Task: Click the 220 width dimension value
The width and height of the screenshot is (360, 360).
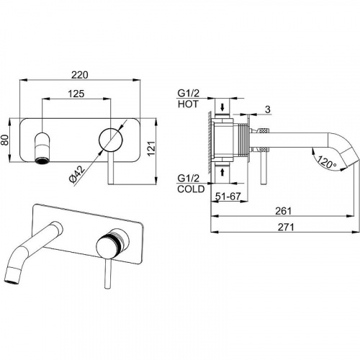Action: [x=80, y=75]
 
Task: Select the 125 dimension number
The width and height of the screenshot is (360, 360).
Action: [x=76, y=94]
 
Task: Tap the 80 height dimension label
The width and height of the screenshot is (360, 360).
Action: [x=5, y=140]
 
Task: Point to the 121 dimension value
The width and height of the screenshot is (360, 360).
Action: [x=151, y=148]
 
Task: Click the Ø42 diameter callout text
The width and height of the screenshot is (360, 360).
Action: [x=77, y=174]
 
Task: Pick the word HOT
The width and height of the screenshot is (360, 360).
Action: [x=188, y=104]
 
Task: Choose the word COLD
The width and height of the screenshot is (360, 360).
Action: [x=191, y=189]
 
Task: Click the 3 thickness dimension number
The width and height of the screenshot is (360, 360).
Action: [x=268, y=109]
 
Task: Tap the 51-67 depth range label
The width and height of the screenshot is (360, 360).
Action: [x=228, y=197]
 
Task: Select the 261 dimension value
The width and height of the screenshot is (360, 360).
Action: [x=283, y=211]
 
